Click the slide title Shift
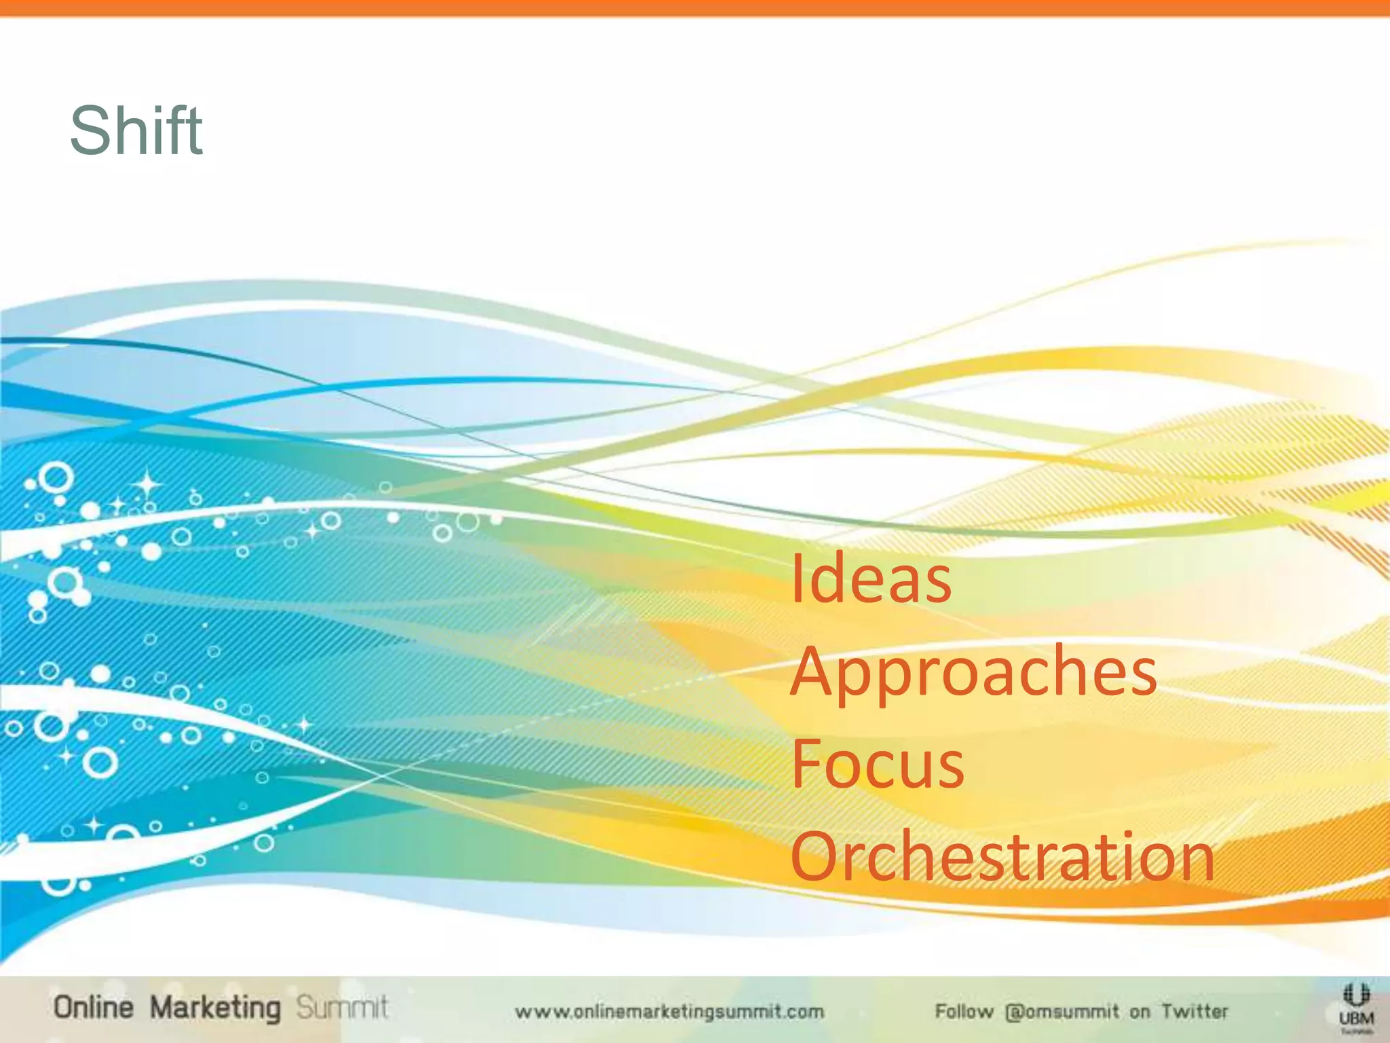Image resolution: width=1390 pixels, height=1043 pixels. tap(136, 130)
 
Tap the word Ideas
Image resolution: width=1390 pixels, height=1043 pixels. tap(871, 579)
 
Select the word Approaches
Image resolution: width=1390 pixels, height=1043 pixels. tap(973, 672)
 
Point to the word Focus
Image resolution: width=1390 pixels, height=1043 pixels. tap(877, 765)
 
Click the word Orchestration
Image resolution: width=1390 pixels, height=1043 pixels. tap(1002, 857)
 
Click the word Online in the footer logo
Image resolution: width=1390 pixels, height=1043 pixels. tap(94, 1008)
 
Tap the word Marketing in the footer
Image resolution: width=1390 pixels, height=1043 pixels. tap(214, 1008)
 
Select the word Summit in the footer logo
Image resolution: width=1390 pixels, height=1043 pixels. tap(342, 1008)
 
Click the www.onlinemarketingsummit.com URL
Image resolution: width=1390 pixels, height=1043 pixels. tap(669, 1012)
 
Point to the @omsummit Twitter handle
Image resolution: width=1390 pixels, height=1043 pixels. tap(1062, 1012)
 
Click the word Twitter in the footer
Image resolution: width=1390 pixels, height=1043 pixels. tap(1195, 1012)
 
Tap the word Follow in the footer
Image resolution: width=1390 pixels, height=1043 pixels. tap(964, 1012)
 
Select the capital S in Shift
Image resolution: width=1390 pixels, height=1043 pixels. tap(92, 130)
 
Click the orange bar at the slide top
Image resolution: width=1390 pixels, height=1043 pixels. tap(695, 7)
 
